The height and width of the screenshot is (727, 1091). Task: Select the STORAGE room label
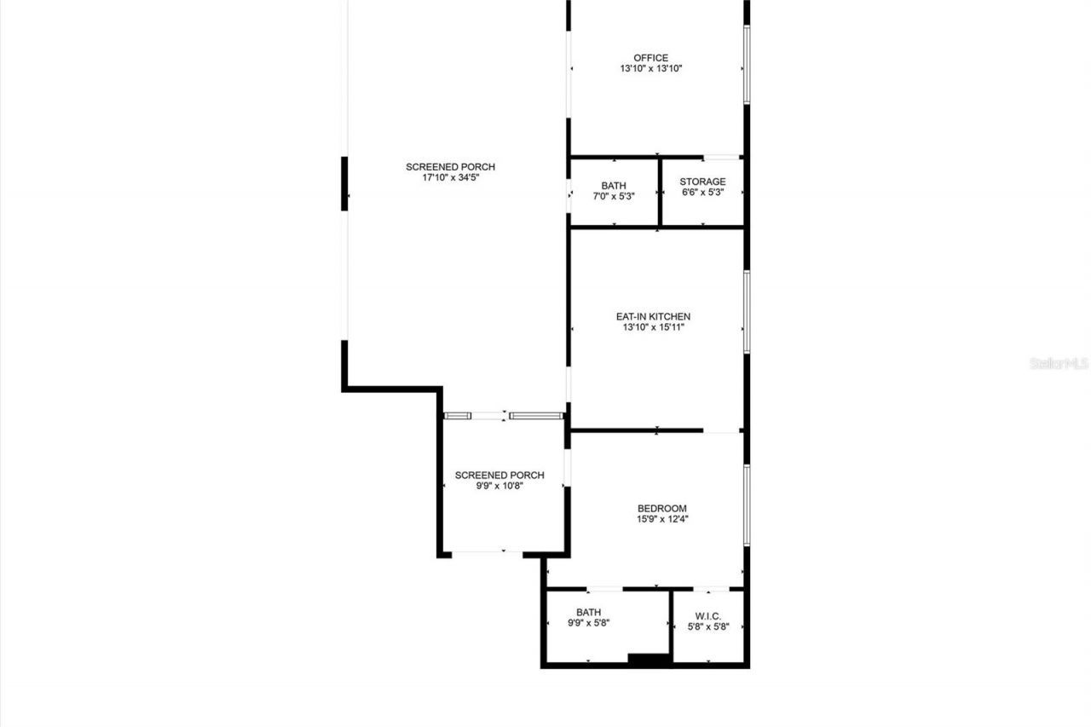[x=702, y=182]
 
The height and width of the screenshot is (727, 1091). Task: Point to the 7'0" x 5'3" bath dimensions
[x=614, y=196]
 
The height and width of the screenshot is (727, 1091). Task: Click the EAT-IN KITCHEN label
[x=653, y=316]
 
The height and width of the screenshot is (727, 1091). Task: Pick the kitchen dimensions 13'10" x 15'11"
[x=653, y=326]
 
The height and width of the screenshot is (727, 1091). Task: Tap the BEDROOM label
[x=661, y=508]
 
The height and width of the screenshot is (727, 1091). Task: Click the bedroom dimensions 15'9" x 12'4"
[x=661, y=519]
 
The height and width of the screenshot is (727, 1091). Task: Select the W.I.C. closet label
[x=708, y=615]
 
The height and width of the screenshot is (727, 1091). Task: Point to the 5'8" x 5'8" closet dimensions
[x=708, y=626]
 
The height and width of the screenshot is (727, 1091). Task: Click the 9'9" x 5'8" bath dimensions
[x=588, y=623]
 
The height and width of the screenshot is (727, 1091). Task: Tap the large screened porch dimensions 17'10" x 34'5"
[x=450, y=178]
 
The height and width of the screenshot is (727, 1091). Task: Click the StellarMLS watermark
[x=1059, y=363]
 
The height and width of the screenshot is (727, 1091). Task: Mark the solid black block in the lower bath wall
[x=649, y=658]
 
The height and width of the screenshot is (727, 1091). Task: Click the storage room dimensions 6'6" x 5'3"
[x=702, y=193]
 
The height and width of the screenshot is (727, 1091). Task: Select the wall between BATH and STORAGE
[x=660, y=192]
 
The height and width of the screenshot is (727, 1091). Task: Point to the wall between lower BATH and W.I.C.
[x=671, y=626]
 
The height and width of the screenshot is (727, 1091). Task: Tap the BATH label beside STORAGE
[x=614, y=185]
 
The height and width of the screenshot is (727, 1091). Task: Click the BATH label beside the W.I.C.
[x=588, y=612]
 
